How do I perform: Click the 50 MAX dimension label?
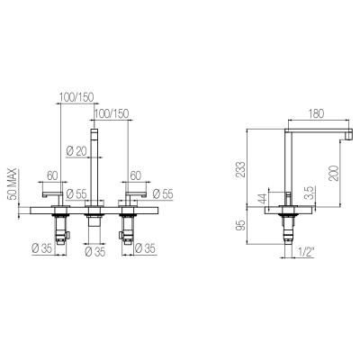13,184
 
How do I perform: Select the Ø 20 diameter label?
76,151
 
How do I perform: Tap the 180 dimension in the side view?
316,113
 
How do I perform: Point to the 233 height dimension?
240,169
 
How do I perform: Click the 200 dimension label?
334,173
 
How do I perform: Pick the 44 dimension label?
263,199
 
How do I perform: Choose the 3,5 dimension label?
310,193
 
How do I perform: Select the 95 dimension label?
240,225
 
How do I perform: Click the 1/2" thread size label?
306,253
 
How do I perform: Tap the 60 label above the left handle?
52,175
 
